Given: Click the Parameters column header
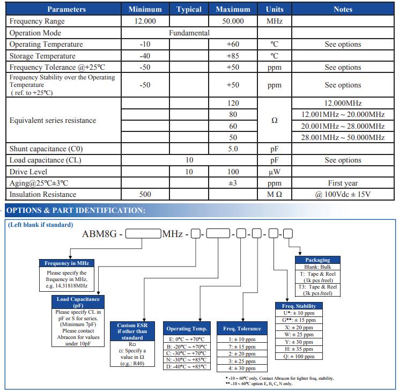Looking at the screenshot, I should coord(66,9).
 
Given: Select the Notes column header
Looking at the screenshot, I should coord(343,9).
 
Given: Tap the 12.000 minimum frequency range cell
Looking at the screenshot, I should coord(145,21).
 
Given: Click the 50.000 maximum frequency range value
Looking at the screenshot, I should coord(233,21).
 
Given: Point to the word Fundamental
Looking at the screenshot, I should coord(189,33).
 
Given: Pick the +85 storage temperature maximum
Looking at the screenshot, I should coord(233,56).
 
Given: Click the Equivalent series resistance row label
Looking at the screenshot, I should coord(53,120).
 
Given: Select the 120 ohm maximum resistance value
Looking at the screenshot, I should coord(233,103).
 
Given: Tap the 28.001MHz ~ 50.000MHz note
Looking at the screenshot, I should coord(343,138).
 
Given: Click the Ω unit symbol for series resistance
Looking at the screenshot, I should coord(275,121).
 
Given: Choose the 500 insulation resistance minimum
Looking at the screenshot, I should coord(145,195).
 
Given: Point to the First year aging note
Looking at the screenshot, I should coord(343,183).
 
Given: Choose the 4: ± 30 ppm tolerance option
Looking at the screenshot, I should coord(242,368).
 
